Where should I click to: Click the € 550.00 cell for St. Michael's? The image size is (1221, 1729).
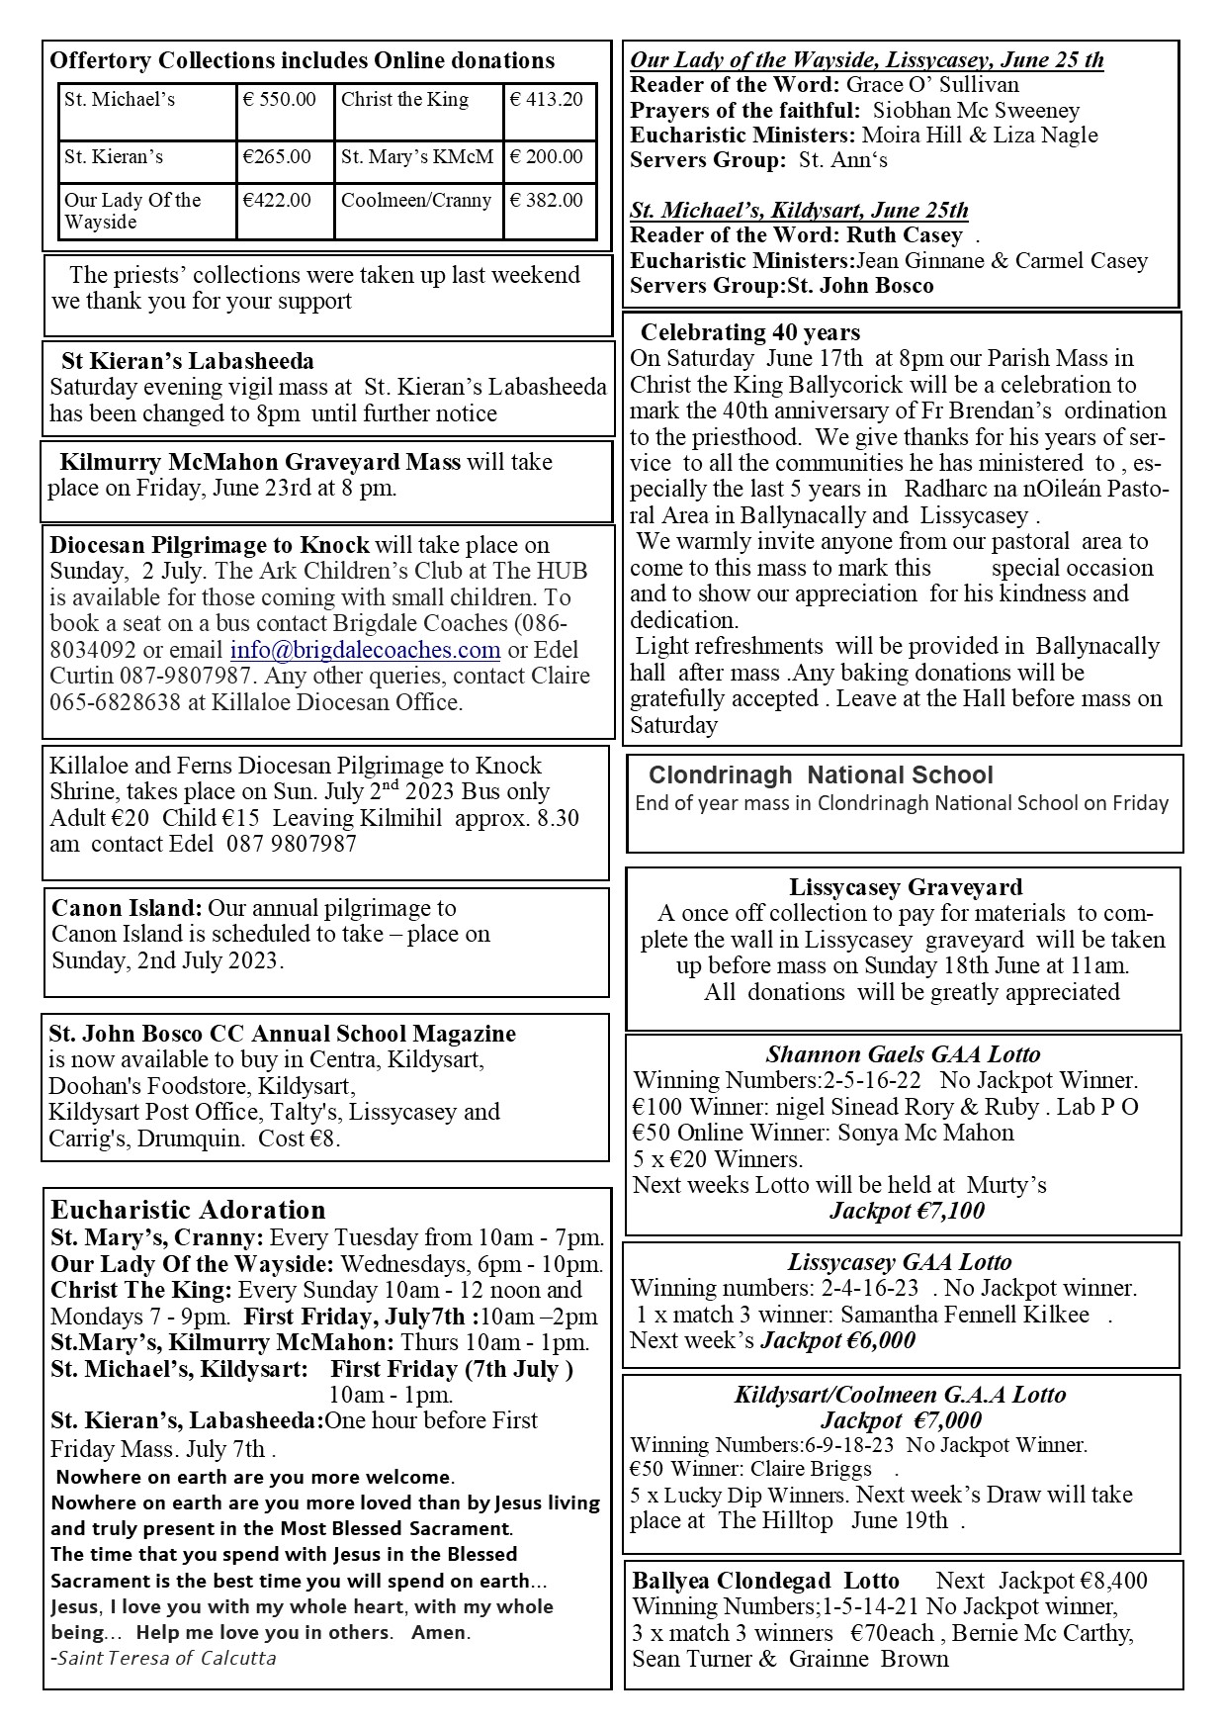pyautogui.click(x=281, y=100)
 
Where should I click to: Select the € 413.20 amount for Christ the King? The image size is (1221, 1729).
pyautogui.click(x=547, y=100)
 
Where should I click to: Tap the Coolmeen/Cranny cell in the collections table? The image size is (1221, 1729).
pyautogui.click(x=416, y=201)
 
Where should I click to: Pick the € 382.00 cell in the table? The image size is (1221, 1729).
pyautogui.click(x=547, y=201)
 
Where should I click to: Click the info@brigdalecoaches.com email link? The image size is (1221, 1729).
pyautogui.click(x=365, y=650)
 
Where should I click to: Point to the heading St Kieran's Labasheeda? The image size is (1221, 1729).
pyautogui.click(x=188, y=361)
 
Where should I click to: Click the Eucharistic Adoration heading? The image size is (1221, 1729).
pyautogui.click(x=188, y=1210)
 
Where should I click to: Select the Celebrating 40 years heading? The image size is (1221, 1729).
pyautogui.click(x=750, y=332)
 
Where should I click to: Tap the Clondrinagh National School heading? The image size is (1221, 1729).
pyautogui.click(x=821, y=775)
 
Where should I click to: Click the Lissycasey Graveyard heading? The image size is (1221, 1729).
pyautogui.click(x=905, y=887)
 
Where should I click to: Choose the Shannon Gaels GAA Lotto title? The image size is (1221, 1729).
pyautogui.click(x=903, y=1054)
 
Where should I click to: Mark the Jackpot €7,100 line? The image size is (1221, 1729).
pyautogui.click(x=907, y=1211)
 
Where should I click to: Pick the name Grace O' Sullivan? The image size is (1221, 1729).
pyautogui.click(x=932, y=85)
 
